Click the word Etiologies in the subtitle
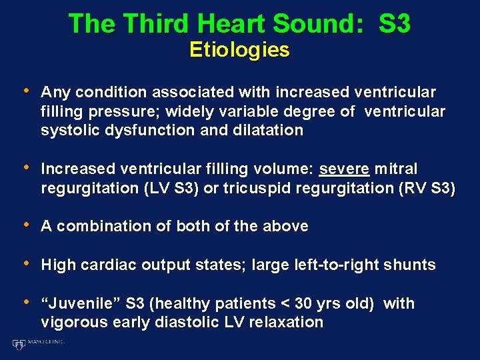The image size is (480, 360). (239, 50)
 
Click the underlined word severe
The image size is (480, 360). (344, 169)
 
